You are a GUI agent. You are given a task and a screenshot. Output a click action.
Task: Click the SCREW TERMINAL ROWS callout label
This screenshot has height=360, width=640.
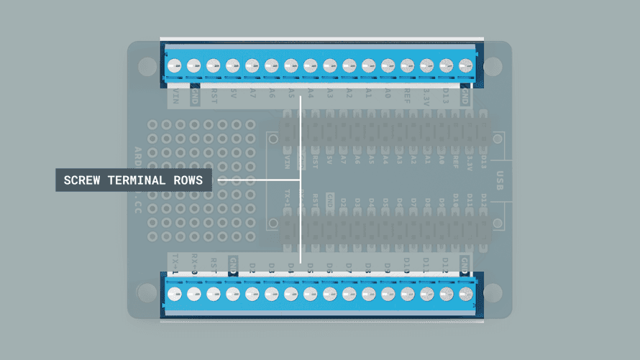tap(134, 180)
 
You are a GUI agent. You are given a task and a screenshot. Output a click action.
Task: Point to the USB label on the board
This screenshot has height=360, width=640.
tap(502, 180)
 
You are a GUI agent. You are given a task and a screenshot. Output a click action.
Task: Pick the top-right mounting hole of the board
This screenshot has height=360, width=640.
tap(493, 66)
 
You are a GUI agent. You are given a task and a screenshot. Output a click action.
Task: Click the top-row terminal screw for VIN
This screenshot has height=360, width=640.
tap(174, 66)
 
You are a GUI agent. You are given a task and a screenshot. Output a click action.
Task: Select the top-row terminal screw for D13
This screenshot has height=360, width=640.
tap(446, 66)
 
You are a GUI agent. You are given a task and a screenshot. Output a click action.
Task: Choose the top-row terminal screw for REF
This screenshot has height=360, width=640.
tap(407, 66)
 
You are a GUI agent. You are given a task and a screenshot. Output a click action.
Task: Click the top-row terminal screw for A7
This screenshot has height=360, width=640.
tap(252, 66)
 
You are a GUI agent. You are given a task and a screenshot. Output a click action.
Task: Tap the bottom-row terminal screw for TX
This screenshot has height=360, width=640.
tap(174, 293)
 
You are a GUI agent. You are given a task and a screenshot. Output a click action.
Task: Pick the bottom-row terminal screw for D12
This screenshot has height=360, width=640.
tap(446, 293)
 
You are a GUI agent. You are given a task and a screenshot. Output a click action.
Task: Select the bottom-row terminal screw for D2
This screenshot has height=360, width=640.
tap(252, 293)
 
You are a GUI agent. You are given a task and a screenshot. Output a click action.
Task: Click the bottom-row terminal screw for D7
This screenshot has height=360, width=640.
tap(349, 293)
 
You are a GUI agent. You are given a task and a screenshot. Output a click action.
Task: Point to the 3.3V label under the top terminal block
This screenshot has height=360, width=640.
tap(426, 93)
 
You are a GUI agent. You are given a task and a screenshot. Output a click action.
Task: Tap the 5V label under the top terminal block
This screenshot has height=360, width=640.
tap(232, 93)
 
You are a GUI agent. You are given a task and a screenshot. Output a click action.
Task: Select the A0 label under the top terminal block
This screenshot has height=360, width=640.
tap(388, 93)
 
